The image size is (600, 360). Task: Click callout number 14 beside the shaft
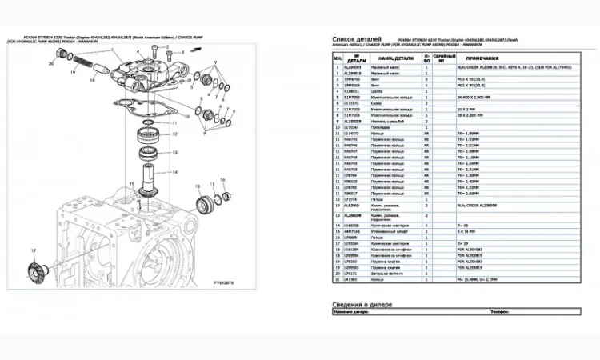(x=174, y=171)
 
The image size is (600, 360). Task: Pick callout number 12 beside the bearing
(x=174, y=135)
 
